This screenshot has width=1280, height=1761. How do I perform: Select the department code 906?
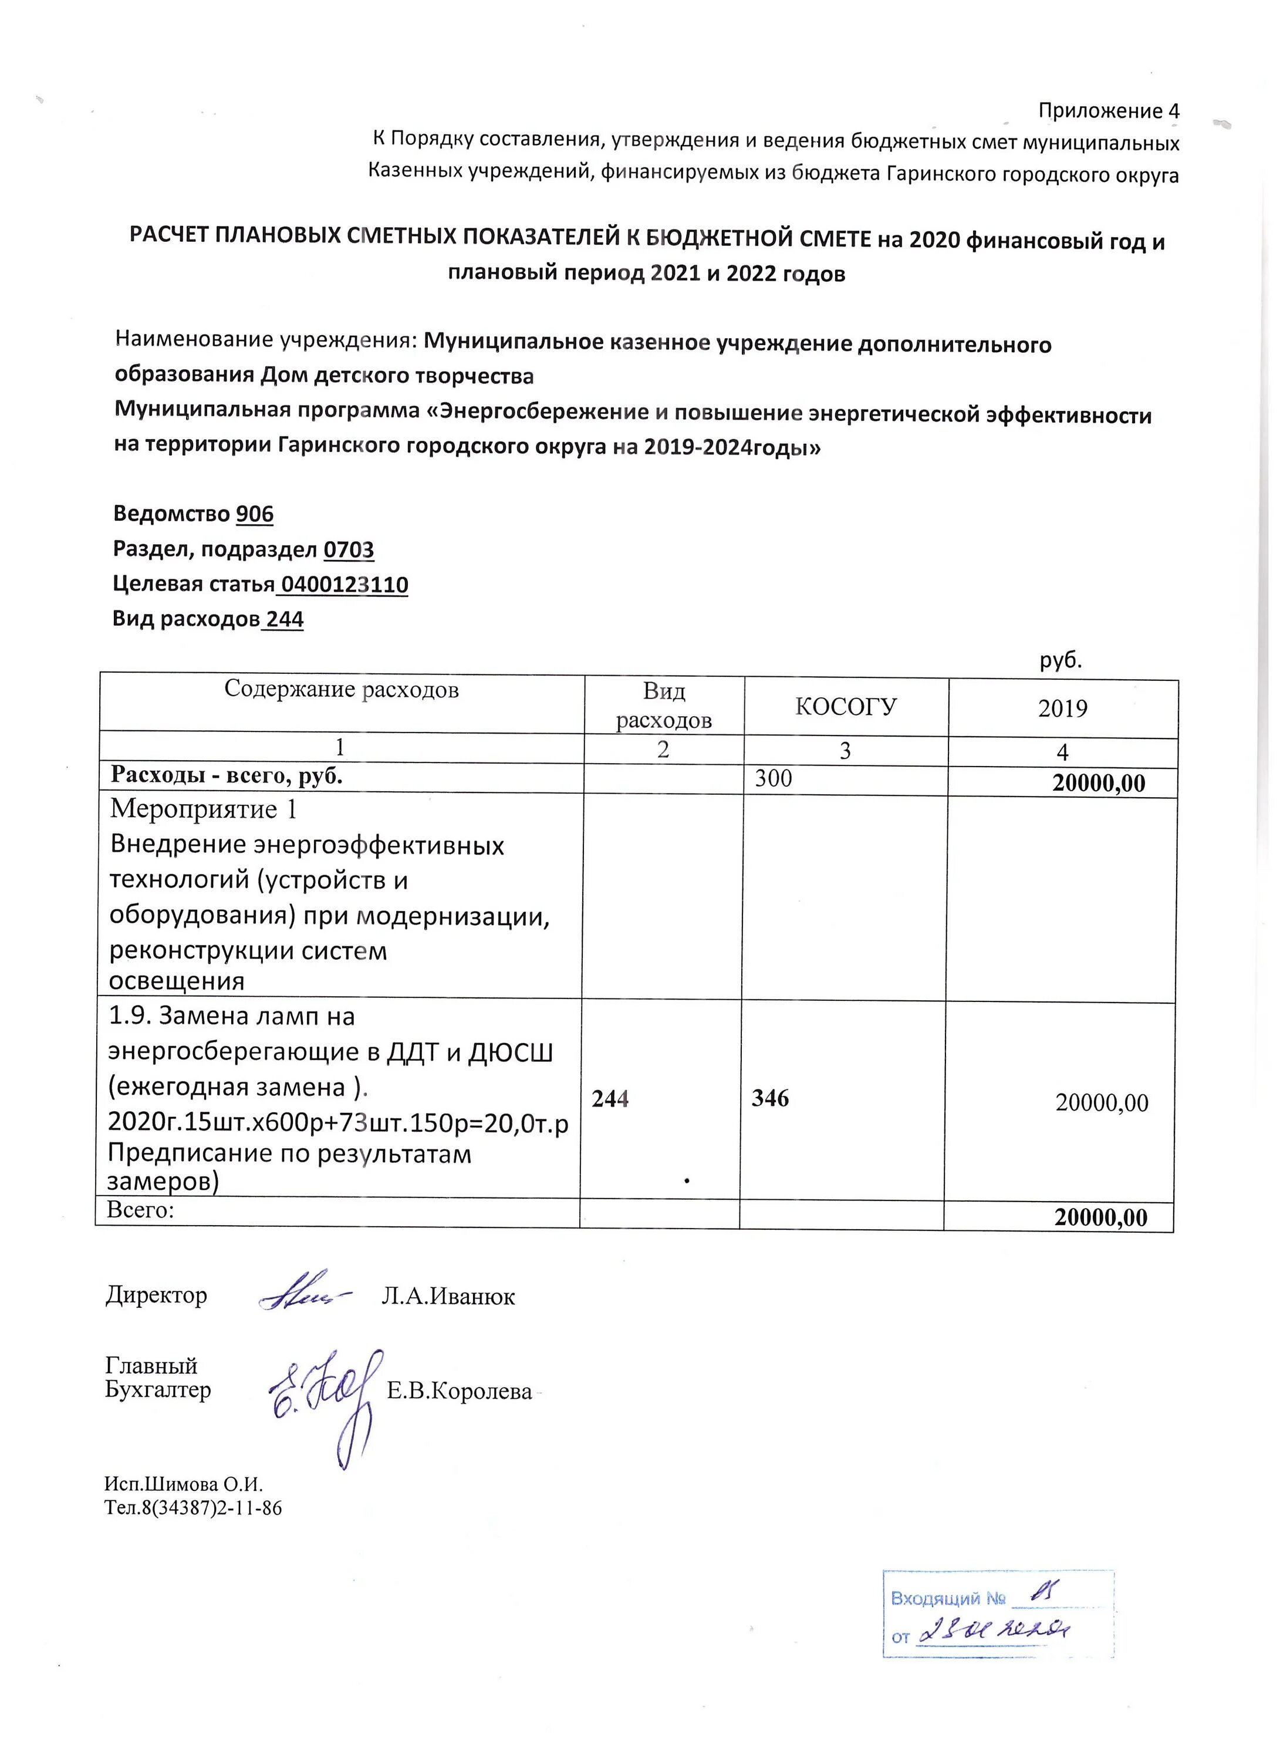coord(255,514)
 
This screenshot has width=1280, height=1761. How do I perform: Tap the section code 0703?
coord(349,550)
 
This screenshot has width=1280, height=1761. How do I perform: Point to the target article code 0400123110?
coord(344,585)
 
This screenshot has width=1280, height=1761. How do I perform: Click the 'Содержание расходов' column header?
coord(342,690)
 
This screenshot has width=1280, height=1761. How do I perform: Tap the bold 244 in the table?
coord(610,1099)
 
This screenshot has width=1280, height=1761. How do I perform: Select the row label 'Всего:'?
coord(140,1209)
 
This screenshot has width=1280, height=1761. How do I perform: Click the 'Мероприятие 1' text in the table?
coord(204,809)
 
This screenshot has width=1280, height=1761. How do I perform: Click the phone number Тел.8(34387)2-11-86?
coord(193,1508)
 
